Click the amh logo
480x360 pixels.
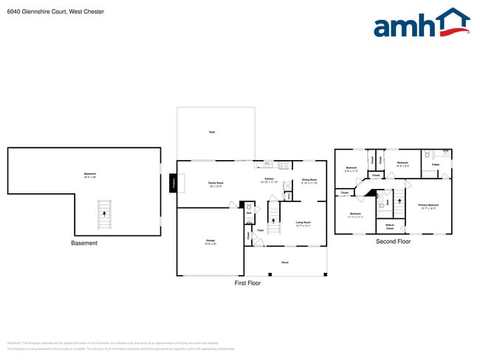point(422,24)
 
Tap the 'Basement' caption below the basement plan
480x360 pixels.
point(84,243)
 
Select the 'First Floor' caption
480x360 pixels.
point(247,283)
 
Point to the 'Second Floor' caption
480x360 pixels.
point(393,241)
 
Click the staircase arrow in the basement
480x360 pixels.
point(103,214)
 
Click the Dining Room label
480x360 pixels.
point(309,181)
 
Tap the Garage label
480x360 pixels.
point(210,241)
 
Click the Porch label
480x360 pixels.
point(285,262)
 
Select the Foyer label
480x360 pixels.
point(261,231)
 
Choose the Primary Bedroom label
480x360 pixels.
point(428,206)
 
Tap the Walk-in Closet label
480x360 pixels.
point(389,226)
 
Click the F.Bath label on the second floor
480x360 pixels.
point(436,164)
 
